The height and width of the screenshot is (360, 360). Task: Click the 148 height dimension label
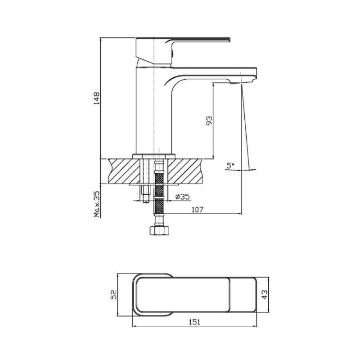point(96,98)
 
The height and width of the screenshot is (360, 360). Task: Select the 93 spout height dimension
point(209,121)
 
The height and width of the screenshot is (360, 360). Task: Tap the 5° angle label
point(230,166)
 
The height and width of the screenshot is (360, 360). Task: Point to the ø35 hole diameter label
point(183,197)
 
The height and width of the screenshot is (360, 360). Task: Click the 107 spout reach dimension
point(198,210)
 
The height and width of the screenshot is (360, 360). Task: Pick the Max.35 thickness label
point(97,204)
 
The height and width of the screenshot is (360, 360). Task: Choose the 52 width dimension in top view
point(114,295)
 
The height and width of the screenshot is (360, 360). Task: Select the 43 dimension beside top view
point(265,295)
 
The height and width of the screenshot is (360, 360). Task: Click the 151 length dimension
point(194,322)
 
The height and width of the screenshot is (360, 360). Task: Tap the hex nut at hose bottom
point(159,230)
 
